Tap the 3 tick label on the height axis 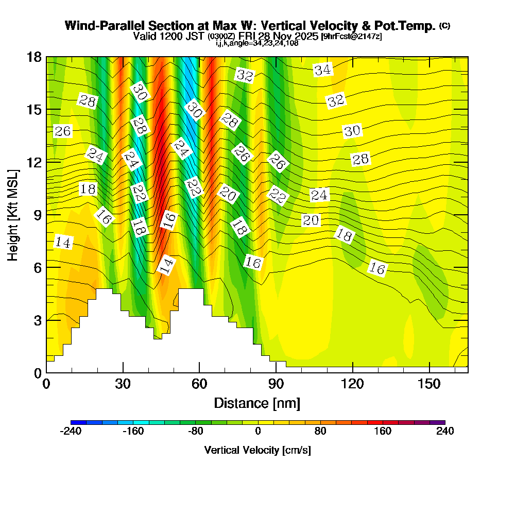(x=37, y=320)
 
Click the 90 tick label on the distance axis (x=276, y=384)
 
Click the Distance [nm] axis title (x=257, y=403)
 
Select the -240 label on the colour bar (x=71, y=432)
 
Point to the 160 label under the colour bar (x=383, y=432)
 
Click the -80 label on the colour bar (x=196, y=432)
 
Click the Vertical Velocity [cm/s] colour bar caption (x=257, y=450)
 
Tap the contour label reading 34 (x=323, y=70)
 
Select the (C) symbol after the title (x=444, y=26)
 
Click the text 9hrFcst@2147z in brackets (x=352, y=37)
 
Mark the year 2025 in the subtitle (x=304, y=37)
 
